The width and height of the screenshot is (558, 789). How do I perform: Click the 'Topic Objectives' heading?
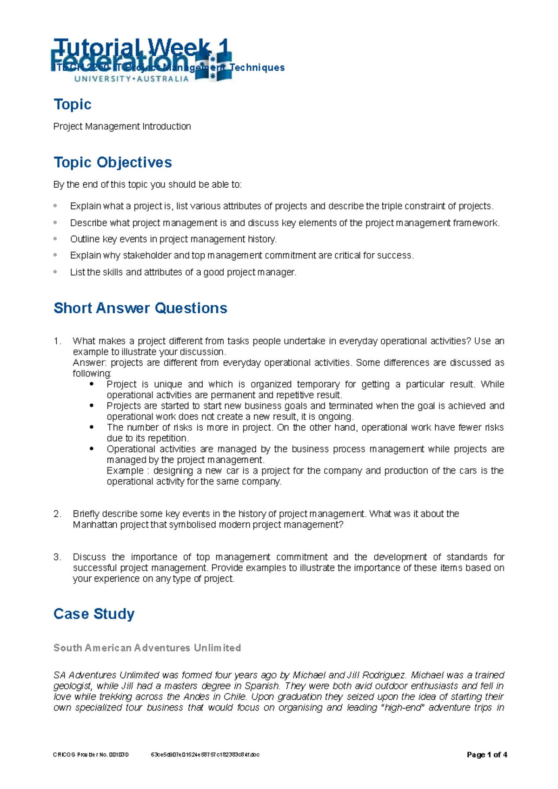click(113, 162)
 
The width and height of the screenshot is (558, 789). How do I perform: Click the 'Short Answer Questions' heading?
click(140, 308)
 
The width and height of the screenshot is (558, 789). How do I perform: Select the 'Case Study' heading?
click(94, 614)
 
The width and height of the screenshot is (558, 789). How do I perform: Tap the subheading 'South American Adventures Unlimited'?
click(147, 648)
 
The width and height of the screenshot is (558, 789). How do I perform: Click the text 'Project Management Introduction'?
click(122, 126)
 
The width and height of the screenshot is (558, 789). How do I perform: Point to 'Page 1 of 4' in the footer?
click(486, 755)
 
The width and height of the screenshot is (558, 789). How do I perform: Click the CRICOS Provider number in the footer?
click(91, 755)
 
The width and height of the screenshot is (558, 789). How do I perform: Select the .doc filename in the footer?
click(205, 755)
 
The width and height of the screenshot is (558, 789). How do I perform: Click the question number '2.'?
click(57, 514)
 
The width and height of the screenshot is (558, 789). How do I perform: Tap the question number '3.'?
click(57, 557)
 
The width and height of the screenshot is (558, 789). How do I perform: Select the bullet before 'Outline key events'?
click(55, 239)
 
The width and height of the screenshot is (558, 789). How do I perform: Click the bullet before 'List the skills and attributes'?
click(55, 272)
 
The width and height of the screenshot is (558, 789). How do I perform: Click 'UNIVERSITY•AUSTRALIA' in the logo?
click(131, 79)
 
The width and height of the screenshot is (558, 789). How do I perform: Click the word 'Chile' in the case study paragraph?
click(237, 697)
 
